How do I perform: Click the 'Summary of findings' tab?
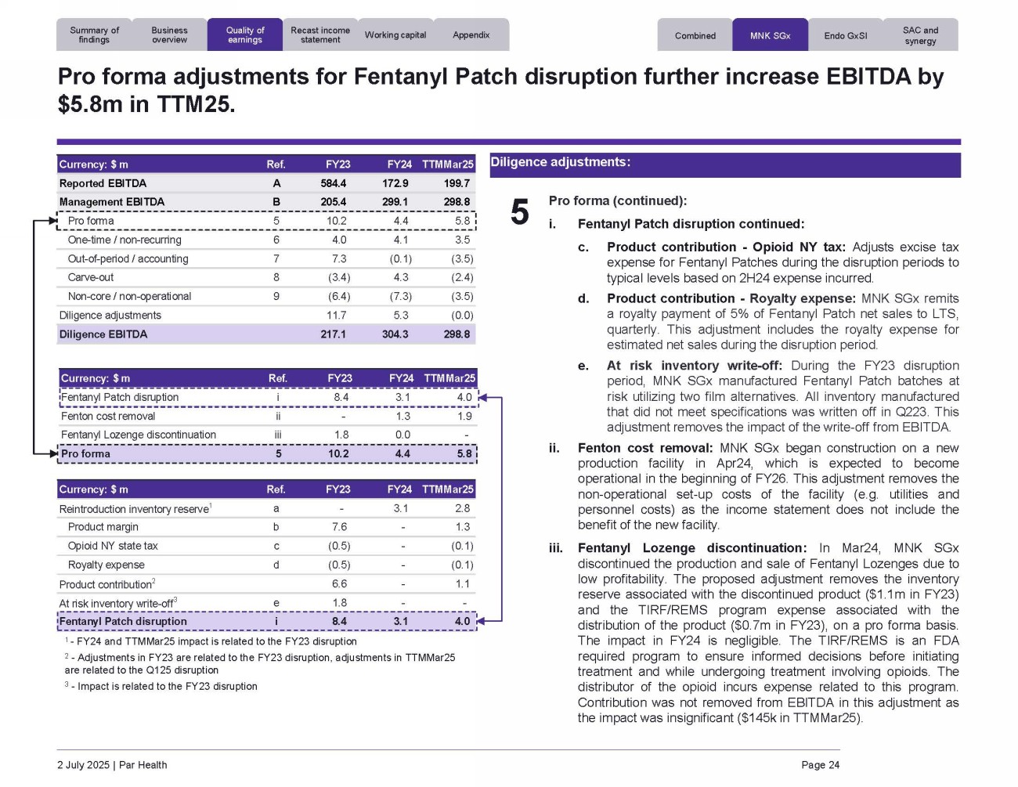(x=94, y=35)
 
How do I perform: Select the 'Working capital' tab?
(x=395, y=35)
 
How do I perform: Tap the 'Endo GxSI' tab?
(x=846, y=36)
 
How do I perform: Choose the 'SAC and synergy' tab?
(x=920, y=35)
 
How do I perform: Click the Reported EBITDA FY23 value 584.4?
(x=333, y=183)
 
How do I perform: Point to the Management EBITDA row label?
(x=112, y=202)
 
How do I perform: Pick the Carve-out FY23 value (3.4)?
(x=339, y=277)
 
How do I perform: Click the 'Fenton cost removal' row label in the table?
(x=108, y=416)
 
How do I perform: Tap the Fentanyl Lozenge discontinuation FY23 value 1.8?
(x=341, y=435)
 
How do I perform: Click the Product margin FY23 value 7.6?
(x=340, y=527)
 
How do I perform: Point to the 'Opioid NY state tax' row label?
(x=113, y=546)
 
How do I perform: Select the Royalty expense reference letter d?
(x=276, y=565)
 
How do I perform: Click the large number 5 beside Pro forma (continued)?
(x=520, y=212)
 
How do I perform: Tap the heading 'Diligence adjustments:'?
(x=560, y=162)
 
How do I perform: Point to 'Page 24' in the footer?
(x=820, y=765)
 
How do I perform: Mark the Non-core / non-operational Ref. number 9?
(x=276, y=296)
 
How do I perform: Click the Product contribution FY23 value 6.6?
(x=340, y=584)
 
